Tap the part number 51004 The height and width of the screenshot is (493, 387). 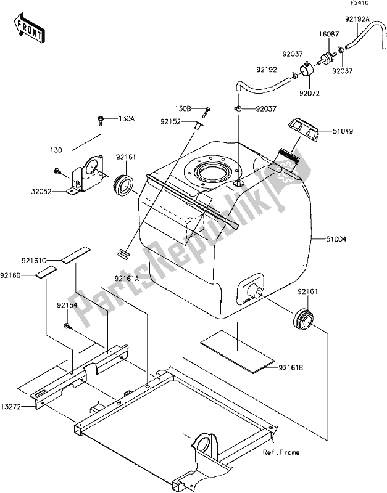click(x=336, y=239)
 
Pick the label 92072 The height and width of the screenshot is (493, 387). click(x=309, y=94)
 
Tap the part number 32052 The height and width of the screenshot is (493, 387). click(x=41, y=191)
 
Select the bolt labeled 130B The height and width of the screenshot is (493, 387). click(x=207, y=112)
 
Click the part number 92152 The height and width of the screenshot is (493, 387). click(x=170, y=121)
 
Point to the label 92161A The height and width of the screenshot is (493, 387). click(x=127, y=279)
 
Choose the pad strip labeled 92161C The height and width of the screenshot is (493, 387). click(x=75, y=255)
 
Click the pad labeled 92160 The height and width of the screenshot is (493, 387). click(x=46, y=272)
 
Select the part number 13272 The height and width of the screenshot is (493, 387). click(x=10, y=407)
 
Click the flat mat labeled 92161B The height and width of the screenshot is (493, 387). click(x=237, y=351)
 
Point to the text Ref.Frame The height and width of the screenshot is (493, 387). click(x=281, y=452)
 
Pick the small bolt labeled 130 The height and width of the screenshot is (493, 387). click(x=57, y=171)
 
